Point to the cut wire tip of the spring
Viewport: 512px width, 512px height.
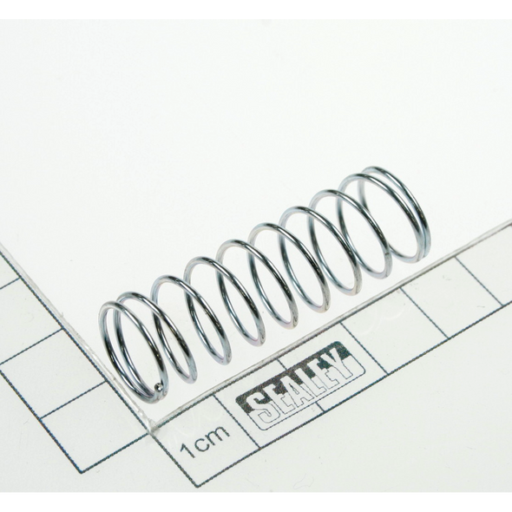[157, 387]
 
